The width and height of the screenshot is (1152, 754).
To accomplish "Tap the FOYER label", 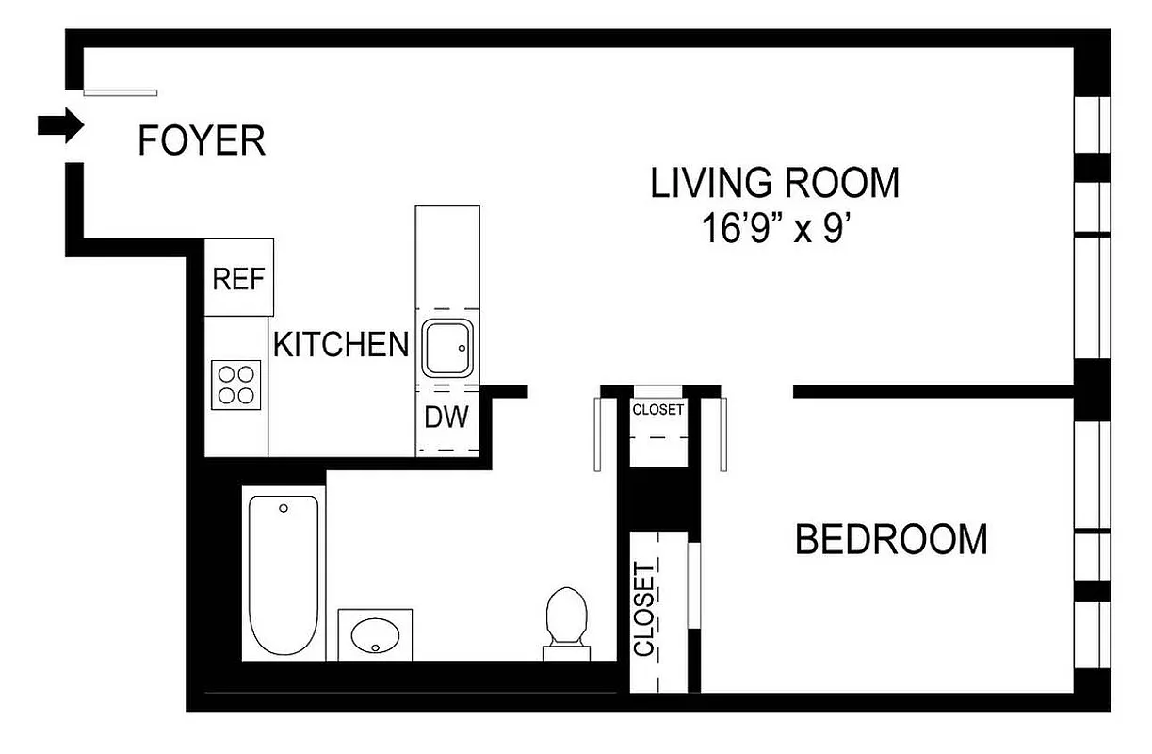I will pos(202,141).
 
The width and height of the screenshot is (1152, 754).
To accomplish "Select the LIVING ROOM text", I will pos(774,183).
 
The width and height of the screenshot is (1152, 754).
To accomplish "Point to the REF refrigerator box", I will pos(239,279).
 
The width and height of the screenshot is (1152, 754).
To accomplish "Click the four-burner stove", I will pos(236,385).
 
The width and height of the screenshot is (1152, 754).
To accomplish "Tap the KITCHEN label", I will pos(340,345).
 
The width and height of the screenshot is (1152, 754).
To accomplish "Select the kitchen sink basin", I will pos(447,349).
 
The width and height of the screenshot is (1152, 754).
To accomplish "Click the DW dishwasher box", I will pos(446,418).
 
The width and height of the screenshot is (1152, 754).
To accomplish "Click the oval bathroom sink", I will pos(376,633).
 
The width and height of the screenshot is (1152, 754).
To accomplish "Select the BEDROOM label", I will pos(891,540).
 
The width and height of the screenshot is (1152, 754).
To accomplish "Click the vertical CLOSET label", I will pos(645,609).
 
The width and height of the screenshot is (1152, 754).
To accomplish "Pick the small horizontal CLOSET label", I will pos(657,410).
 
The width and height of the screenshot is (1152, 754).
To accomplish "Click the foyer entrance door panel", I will pos(120,92).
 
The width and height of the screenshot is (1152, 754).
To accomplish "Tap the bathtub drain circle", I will pos(284,509).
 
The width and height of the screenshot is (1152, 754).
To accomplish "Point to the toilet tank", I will pos(566,651).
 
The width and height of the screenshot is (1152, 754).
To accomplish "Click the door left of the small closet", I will pos(597,434).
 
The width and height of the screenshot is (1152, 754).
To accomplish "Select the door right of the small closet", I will pos(723,434).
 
